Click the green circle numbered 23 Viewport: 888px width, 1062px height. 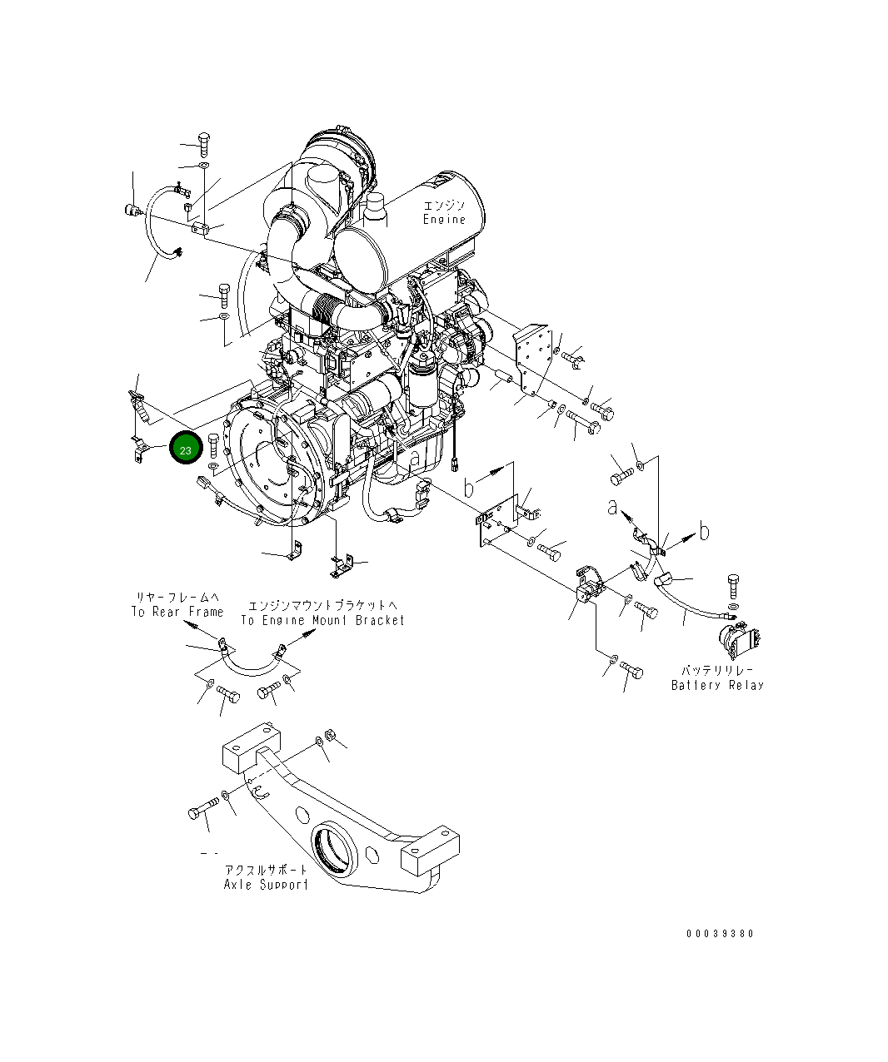click(x=185, y=449)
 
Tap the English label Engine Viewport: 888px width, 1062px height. click(x=444, y=220)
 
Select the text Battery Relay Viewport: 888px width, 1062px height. click(x=717, y=685)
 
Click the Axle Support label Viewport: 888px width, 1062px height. click(x=266, y=884)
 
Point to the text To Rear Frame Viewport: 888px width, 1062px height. click(x=177, y=612)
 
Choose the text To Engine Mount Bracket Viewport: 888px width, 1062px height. click(x=322, y=620)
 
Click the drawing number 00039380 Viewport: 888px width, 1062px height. click(x=720, y=934)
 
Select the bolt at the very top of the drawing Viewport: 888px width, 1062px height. click(x=203, y=144)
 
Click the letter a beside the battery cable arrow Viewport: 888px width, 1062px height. click(x=613, y=507)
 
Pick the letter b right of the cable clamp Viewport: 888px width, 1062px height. click(x=704, y=531)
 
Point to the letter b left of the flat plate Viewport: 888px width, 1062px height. click(x=469, y=485)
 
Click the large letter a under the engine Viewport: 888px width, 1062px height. click(x=414, y=455)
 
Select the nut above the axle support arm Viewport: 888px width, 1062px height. click(x=328, y=735)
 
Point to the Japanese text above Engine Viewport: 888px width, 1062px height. click(x=444, y=206)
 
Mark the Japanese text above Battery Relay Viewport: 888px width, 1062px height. click(x=717, y=670)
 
